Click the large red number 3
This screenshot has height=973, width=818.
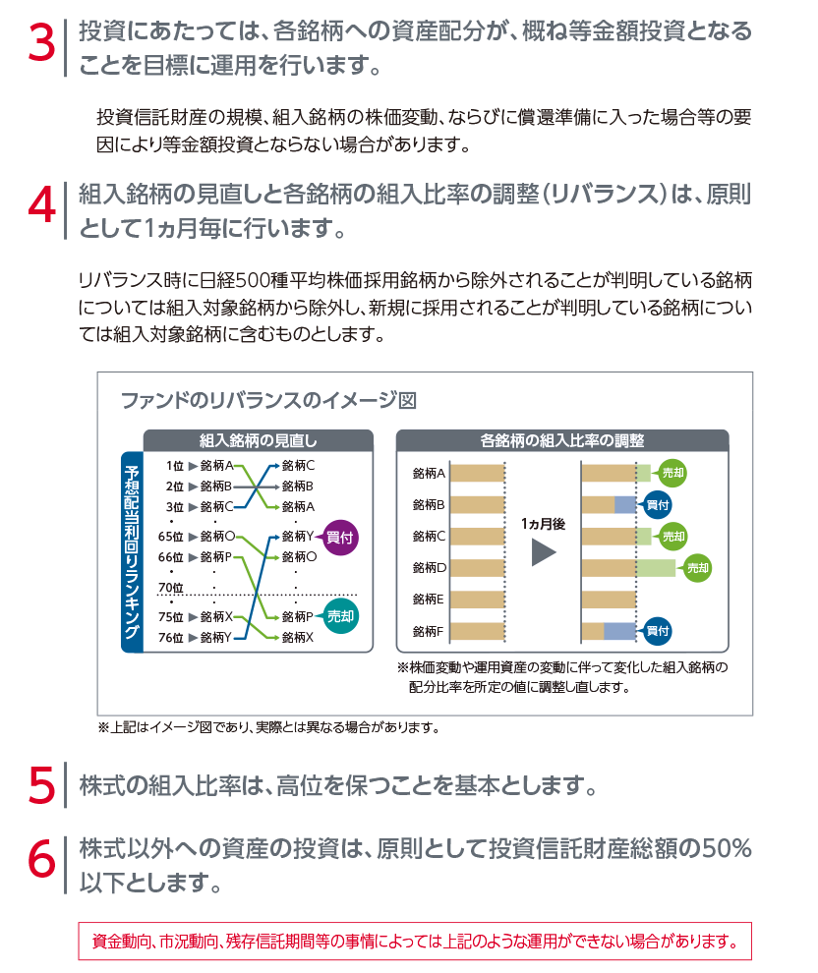pos(41,43)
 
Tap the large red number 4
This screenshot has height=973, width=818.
pos(41,206)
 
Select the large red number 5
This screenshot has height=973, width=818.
pos(41,785)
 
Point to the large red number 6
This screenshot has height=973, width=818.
pos(41,859)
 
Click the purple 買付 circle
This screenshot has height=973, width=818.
pos(340,538)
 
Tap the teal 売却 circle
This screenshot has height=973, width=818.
pos(340,616)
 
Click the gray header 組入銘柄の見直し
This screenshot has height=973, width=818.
pos(259,440)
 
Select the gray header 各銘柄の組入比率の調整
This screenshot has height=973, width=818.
pos(562,440)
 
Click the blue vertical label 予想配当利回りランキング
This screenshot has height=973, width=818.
pos(132,551)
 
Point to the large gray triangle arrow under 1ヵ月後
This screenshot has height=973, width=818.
pos(544,552)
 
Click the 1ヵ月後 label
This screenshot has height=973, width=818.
pos(543,525)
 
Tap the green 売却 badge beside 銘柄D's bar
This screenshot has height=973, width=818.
pos(697,568)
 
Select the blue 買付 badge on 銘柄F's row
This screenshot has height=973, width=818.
pos(658,631)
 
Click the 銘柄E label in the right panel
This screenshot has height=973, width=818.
pos(429,600)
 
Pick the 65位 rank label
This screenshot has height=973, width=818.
pos(171,537)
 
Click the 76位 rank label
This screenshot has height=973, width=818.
pos(171,637)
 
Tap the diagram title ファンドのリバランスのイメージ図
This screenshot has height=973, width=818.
pos(268,401)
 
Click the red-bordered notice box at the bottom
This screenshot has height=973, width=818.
pos(415,942)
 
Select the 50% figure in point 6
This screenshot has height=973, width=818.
pos(727,848)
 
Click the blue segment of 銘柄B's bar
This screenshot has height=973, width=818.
pos(625,505)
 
